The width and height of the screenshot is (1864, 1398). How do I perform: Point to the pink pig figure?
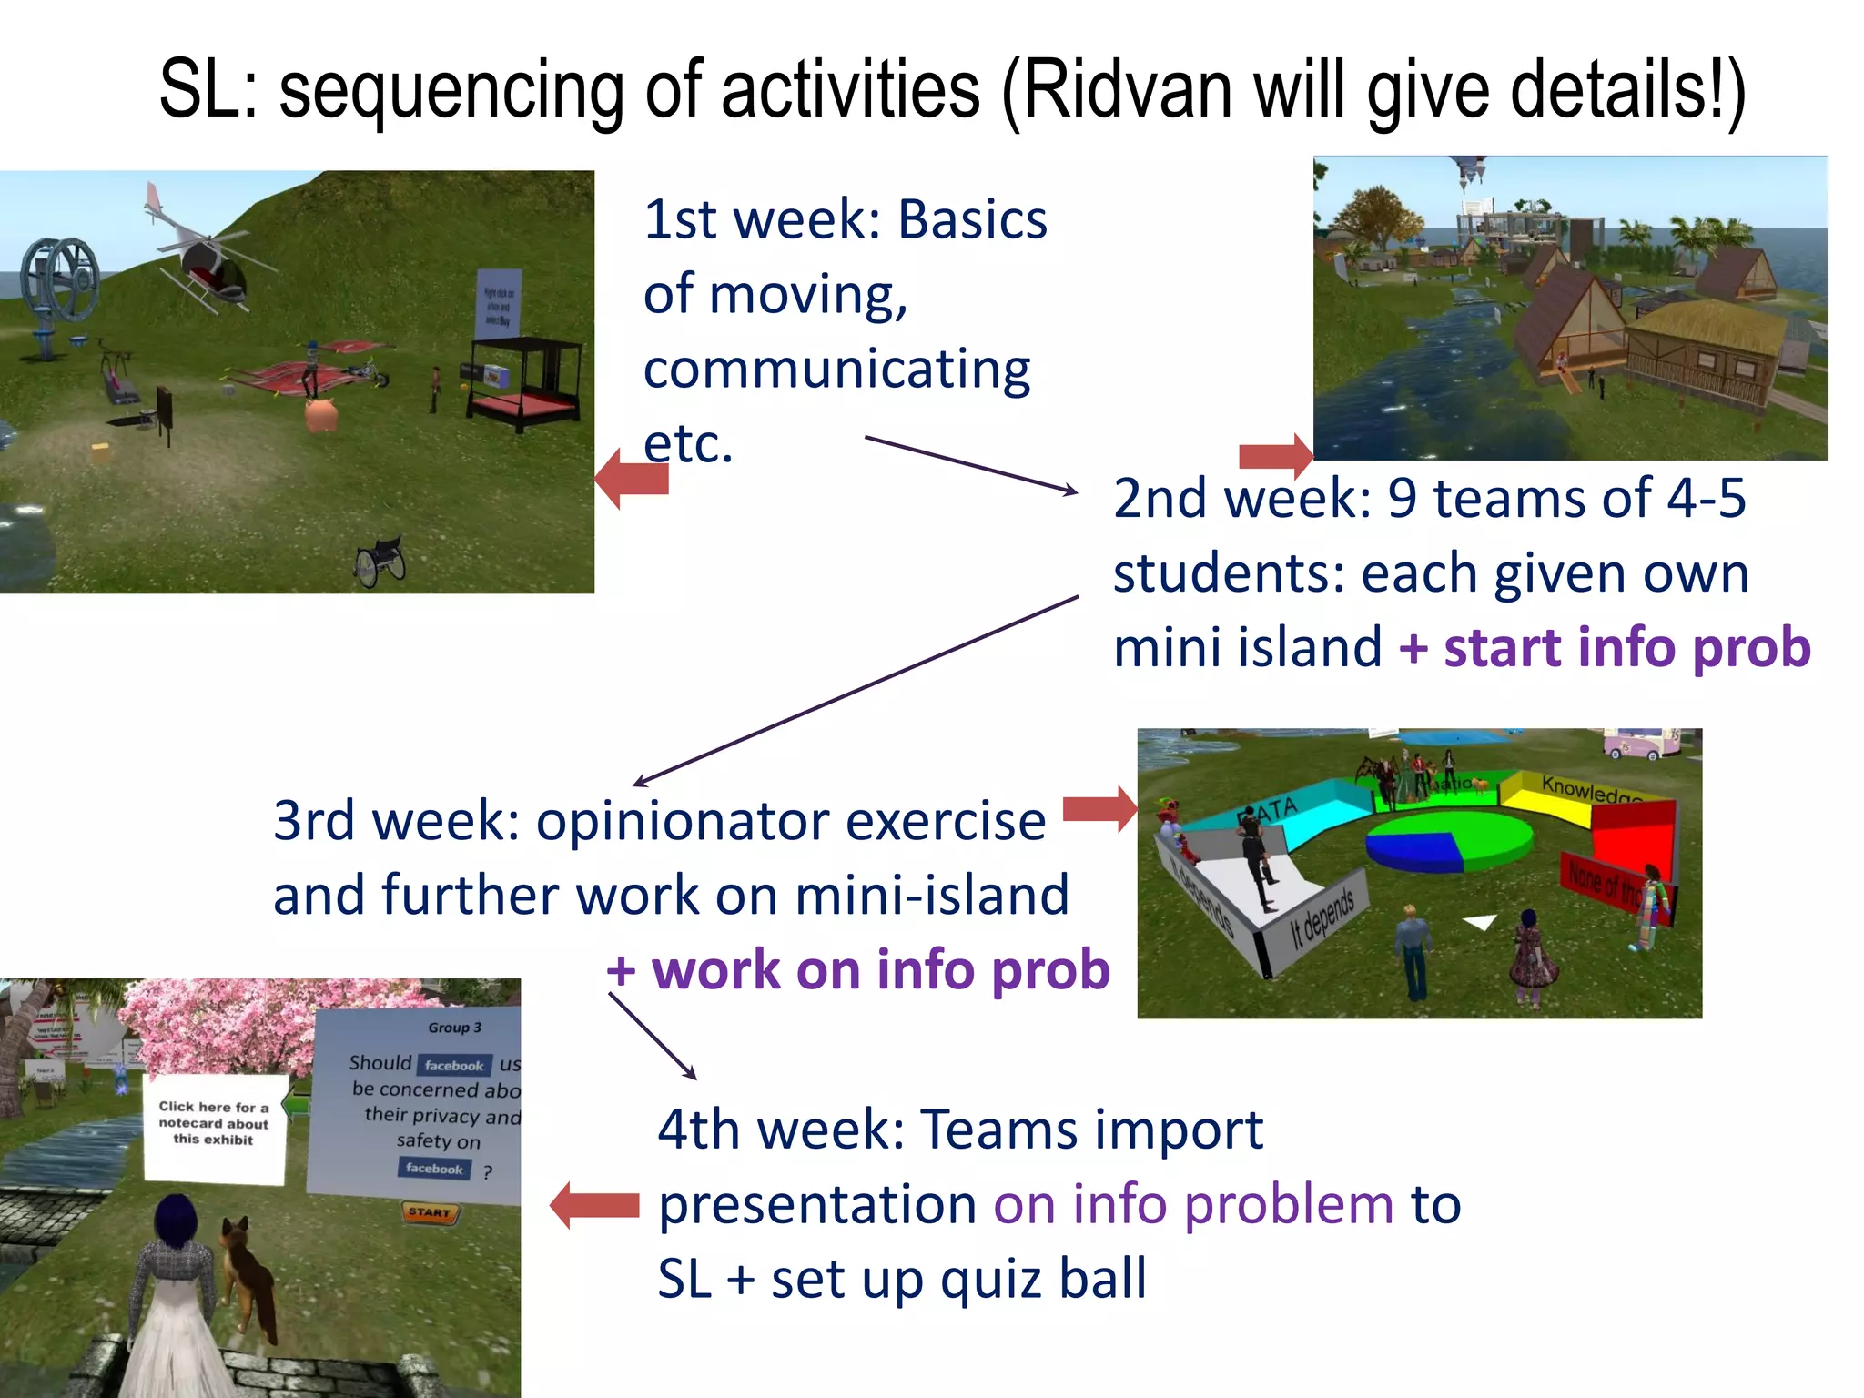(x=321, y=415)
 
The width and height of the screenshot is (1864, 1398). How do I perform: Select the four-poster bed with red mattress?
(x=525, y=382)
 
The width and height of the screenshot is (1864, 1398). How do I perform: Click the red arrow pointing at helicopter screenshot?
(x=632, y=478)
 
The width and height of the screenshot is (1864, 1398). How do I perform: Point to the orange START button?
(x=430, y=1212)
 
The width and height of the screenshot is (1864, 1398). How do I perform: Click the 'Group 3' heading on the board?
(x=454, y=1028)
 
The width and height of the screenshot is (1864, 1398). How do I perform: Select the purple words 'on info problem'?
(x=1192, y=1205)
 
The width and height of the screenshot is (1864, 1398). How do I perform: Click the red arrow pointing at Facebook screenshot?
(x=596, y=1205)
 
